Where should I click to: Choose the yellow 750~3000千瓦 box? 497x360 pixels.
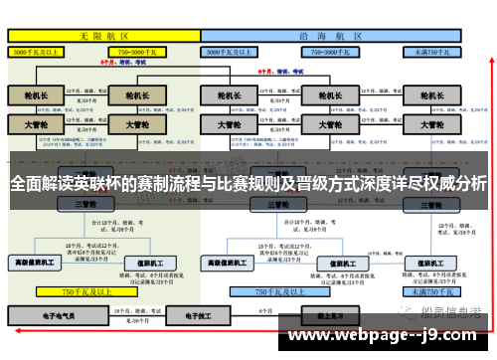tap(139, 50)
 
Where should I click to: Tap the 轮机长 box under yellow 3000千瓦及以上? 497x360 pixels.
tap(36, 96)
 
